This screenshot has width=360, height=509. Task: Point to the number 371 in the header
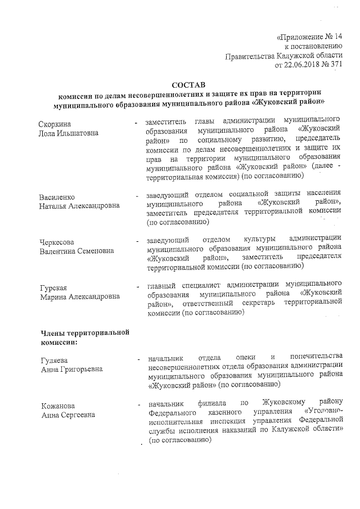(335, 65)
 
